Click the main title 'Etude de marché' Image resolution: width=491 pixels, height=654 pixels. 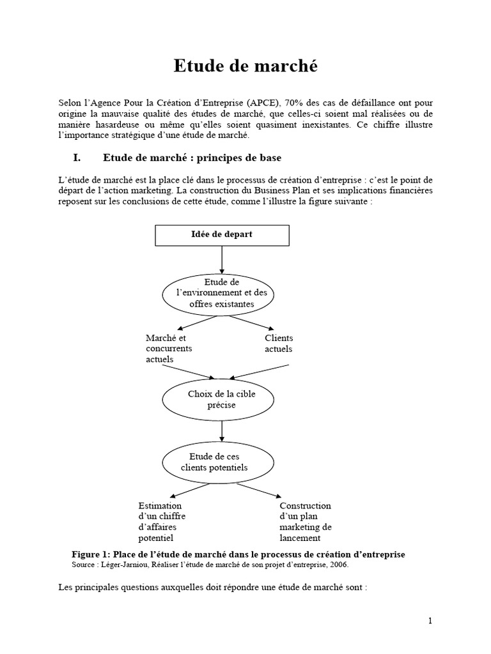point(246,66)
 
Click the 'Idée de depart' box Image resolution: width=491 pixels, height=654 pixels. point(221,235)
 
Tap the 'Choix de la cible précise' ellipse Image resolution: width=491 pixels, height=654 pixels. point(221,399)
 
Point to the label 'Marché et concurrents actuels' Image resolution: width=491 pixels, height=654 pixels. point(169,348)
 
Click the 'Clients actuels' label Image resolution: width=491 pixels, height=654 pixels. point(279,343)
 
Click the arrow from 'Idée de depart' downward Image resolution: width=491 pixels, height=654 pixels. point(221,259)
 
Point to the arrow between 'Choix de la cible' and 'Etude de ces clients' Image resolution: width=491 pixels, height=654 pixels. point(221,430)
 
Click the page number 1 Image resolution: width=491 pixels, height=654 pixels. point(430,621)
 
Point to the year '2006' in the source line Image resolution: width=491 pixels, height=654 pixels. point(339,565)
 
